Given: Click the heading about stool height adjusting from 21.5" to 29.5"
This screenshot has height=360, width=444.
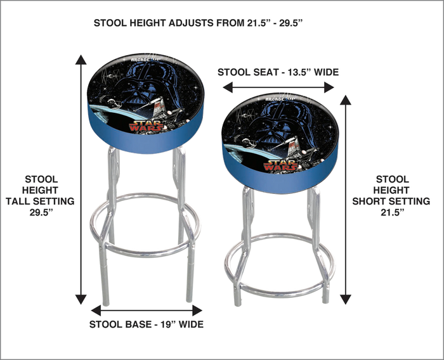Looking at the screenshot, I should tap(199, 23).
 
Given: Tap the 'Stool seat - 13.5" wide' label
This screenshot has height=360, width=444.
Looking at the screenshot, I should tap(278, 72).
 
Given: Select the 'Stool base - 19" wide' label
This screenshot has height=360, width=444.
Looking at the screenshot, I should tap(147, 325).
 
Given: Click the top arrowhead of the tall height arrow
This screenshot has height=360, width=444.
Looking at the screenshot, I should tap(81, 59).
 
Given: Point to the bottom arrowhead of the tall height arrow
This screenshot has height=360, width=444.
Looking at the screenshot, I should tap(81, 300).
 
